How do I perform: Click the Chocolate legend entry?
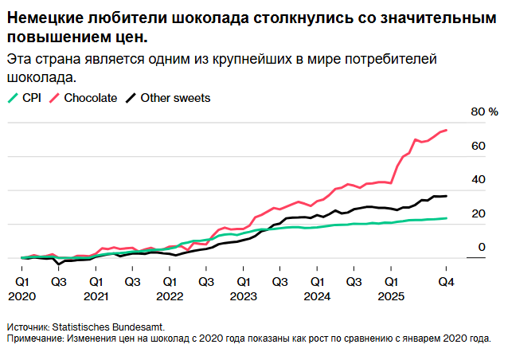point(89,98)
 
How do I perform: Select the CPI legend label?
point(30,98)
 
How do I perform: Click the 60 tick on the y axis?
point(478,146)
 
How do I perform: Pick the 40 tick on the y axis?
point(478,180)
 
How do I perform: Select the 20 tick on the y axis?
point(478,213)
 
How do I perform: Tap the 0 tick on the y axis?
point(481,248)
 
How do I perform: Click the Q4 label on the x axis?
point(447,281)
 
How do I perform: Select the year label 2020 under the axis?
point(22,296)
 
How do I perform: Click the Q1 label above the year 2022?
point(170,281)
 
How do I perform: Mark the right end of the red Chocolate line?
point(447,130)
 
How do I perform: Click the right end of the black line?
point(447,196)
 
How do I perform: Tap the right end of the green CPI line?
point(447,218)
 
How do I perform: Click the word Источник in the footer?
point(28,327)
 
